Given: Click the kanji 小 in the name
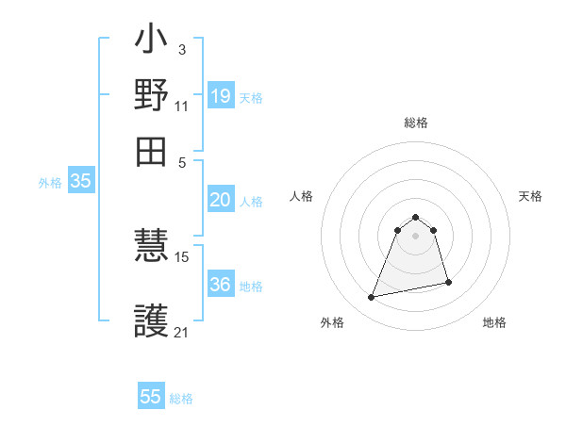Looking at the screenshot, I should click(x=151, y=42).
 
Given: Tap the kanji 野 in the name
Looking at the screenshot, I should click(x=151, y=96).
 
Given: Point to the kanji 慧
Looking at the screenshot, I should click(x=151, y=248).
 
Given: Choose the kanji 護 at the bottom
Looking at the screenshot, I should click(x=151, y=320).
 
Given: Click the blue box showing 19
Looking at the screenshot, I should click(x=220, y=95).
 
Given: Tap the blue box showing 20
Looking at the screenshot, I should click(x=220, y=200).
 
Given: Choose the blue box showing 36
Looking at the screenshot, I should click(x=220, y=285).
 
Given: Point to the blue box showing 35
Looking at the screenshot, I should click(x=80, y=182).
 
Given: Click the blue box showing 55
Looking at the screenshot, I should click(x=151, y=397).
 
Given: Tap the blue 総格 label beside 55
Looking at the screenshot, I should click(x=181, y=399).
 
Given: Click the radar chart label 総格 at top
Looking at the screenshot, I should click(x=416, y=123).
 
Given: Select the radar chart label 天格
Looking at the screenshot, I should click(x=530, y=196).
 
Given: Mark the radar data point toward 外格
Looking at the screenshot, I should click(x=372, y=298).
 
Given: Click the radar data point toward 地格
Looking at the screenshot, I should click(x=448, y=283).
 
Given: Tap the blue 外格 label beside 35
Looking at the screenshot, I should click(x=50, y=184).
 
